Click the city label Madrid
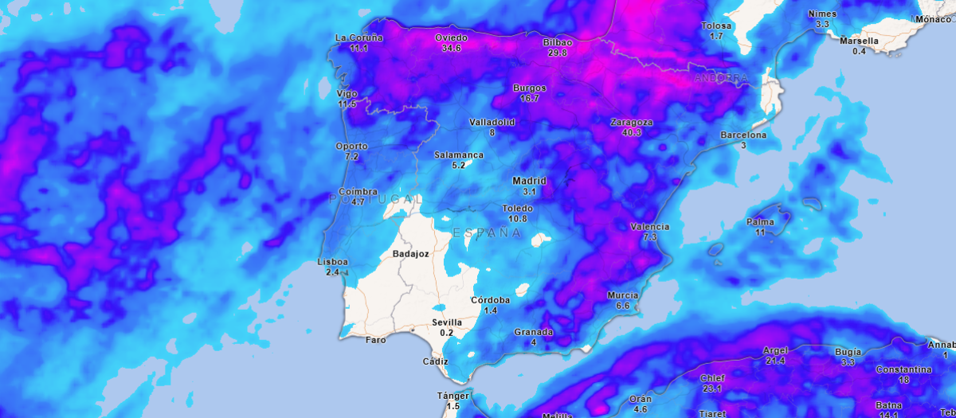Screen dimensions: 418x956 [x=529, y=181]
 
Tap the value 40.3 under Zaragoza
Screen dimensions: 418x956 [x=631, y=133]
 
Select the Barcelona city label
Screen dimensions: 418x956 [x=743, y=135]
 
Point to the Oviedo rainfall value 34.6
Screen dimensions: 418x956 [x=451, y=49]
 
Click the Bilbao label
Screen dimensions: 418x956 [x=558, y=41]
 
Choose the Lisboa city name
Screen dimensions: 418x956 [x=332, y=262]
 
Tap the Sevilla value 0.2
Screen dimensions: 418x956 [x=446, y=333]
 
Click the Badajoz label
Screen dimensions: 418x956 [x=411, y=254]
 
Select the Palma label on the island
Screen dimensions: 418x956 [x=760, y=221]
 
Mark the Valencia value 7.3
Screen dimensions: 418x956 [x=649, y=237]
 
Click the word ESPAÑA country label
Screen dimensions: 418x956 [x=487, y=233]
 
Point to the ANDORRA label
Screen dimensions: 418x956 [x=721, y=78]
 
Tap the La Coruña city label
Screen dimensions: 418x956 [x=358, y=37]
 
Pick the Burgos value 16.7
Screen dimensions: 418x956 [x=530, y=99]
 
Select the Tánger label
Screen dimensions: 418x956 [x=453, y=396]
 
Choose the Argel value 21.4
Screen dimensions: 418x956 [x=775, y=361]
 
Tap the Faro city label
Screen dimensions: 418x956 [x=375, y=340]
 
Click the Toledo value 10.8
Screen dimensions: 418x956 [x=518, y=219]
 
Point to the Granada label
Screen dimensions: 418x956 [x=533, y=332]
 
